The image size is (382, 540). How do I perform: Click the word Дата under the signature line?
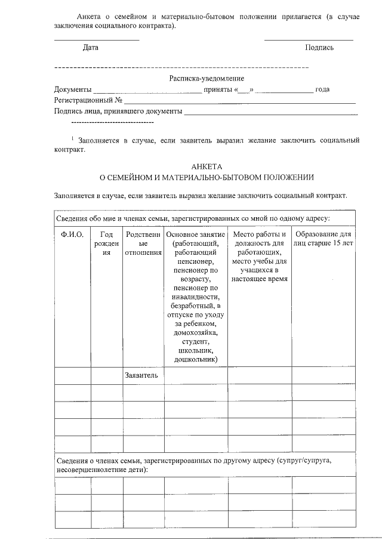91,47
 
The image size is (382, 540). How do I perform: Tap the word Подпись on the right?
319,47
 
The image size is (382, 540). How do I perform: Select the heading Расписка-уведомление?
207,78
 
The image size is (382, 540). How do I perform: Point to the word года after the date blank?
322,90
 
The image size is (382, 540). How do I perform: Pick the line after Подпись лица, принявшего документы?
271,113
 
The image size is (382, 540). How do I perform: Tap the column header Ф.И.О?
72,234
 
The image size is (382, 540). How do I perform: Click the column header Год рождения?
106,243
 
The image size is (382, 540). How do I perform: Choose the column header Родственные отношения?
143,243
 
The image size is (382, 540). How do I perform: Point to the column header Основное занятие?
195,234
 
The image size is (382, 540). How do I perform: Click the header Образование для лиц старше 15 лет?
324,238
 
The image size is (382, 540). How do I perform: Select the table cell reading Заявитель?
141,375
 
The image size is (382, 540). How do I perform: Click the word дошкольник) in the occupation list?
195,359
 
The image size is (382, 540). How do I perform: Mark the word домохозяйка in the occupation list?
195,332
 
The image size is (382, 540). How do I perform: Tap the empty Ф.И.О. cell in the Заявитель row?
72,375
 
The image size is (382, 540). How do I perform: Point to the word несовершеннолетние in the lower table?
91,469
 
